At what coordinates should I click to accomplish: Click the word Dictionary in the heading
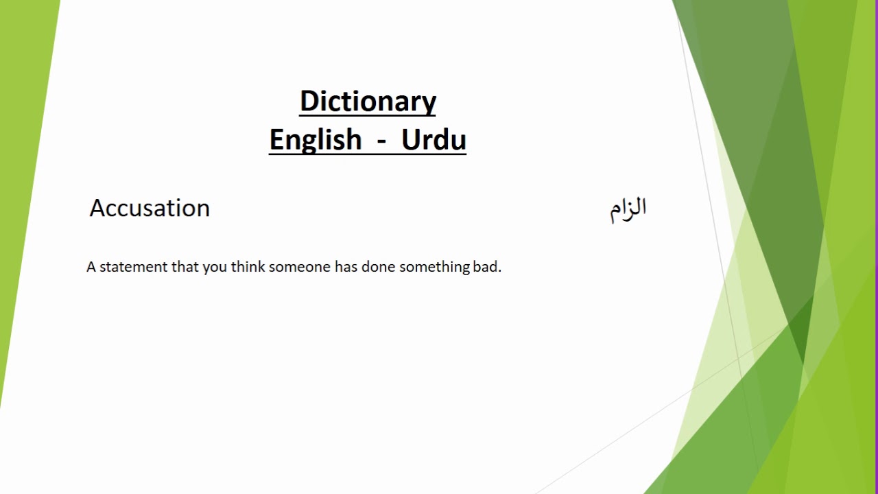(x=368, y=102)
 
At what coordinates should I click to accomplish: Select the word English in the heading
(x=315, y=140)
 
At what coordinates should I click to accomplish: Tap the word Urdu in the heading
(x=434, y=140)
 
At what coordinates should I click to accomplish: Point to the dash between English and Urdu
(x=381, y=141)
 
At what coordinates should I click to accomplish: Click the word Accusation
(x=150, y=208)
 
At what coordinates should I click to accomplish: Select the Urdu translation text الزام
(x=628, y=209)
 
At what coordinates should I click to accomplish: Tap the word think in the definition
(x=248, y=267)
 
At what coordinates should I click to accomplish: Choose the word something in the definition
(x=434, y=267)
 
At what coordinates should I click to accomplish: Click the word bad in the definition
(x=486, y=267)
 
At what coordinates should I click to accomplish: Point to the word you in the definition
(x=214, y=268)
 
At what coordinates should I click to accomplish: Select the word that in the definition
(x=185, y=267)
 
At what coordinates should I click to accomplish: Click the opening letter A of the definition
(x=91, y=267)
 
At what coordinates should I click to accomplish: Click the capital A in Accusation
(x=97, y=208)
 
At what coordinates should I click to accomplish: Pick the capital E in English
(x=276, y=140)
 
